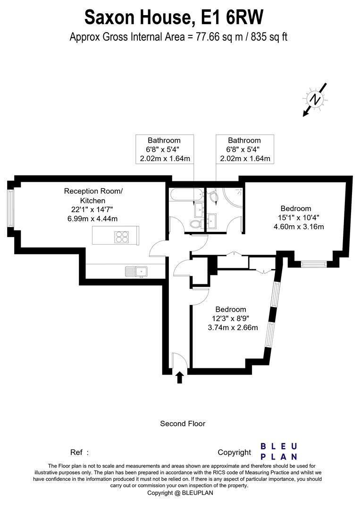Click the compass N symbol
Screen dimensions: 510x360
pyautogui.click(x=315, y=99)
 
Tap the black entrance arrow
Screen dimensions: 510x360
pyautogui.click(x=179, y=377)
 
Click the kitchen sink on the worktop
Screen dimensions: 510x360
pyautogui.click(x=136, y=271)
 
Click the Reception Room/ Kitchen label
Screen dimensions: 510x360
pyautogui.click(x=93, y=195)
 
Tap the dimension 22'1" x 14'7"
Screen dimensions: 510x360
pyautogui.click(x=93, y=209)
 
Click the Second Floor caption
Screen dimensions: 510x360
pyautogui.click(x=183, y=424)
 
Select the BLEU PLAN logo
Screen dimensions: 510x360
pyautogui.click(x=279, y=451)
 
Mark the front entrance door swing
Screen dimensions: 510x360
pyautogui.click(x=179, y=361)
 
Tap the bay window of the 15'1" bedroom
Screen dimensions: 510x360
pyautogui.click(x=312, y=264)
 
